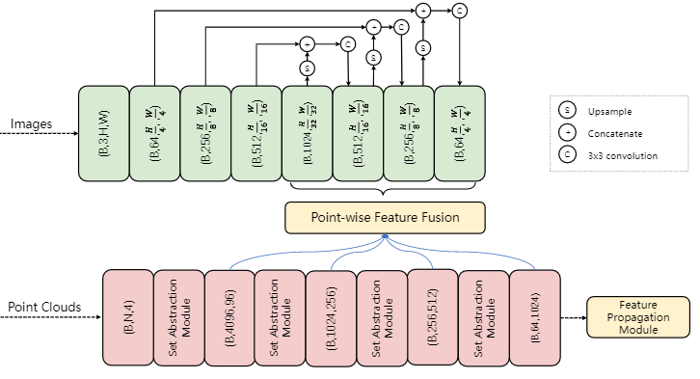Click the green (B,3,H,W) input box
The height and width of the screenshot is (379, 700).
click(x=103, y=131)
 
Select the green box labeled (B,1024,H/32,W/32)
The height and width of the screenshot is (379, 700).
click(x=307, y=131)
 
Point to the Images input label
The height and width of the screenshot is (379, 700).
click(x=34, y=124)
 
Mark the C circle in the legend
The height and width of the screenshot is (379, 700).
click(x=567, y=155)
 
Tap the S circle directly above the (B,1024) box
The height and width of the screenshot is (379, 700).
click(x=308, y=68)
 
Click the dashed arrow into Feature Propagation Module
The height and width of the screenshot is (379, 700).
click(x=572, y=316)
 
